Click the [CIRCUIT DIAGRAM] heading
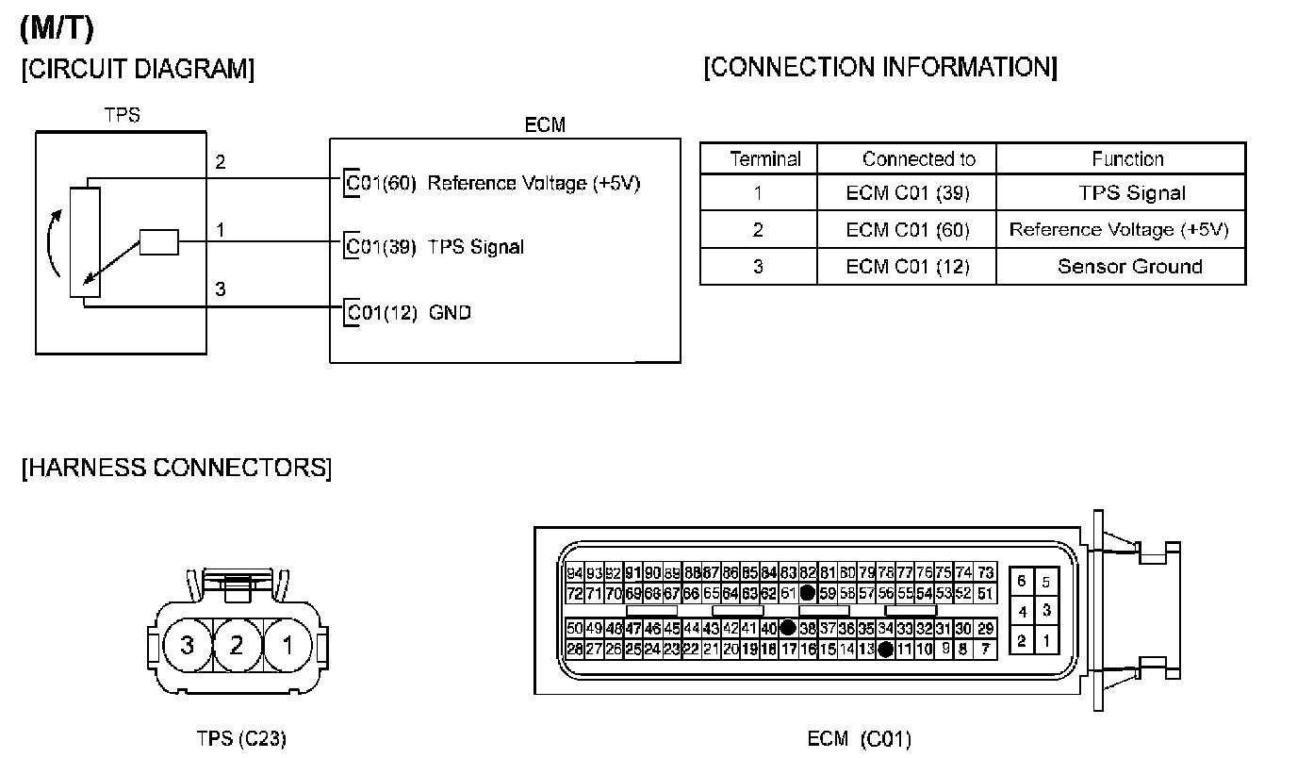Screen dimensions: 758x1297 tap(138, 70)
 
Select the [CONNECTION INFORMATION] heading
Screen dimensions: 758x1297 tap(880, 68)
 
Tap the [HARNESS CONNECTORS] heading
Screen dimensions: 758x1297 tap(176, 468)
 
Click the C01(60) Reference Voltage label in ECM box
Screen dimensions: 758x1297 tap(493, 183)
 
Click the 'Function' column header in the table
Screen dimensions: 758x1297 tap(1127, 159)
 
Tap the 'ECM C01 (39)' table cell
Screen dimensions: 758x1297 tap(907, 194)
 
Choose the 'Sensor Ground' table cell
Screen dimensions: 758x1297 tap(1129, 266)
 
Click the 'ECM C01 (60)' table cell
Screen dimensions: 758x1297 tap(907, 230)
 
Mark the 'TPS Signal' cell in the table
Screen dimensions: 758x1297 tap(1131, 194)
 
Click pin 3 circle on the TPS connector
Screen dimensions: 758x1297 tap(187, 645)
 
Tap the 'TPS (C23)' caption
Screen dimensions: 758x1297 tap(240, 738)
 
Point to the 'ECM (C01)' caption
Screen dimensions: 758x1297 tap(859, 738)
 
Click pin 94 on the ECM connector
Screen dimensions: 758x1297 tap(575, 573)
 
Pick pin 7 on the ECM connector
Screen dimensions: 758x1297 tap(985, 650)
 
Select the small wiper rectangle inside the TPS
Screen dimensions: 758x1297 tap(158, 242)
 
